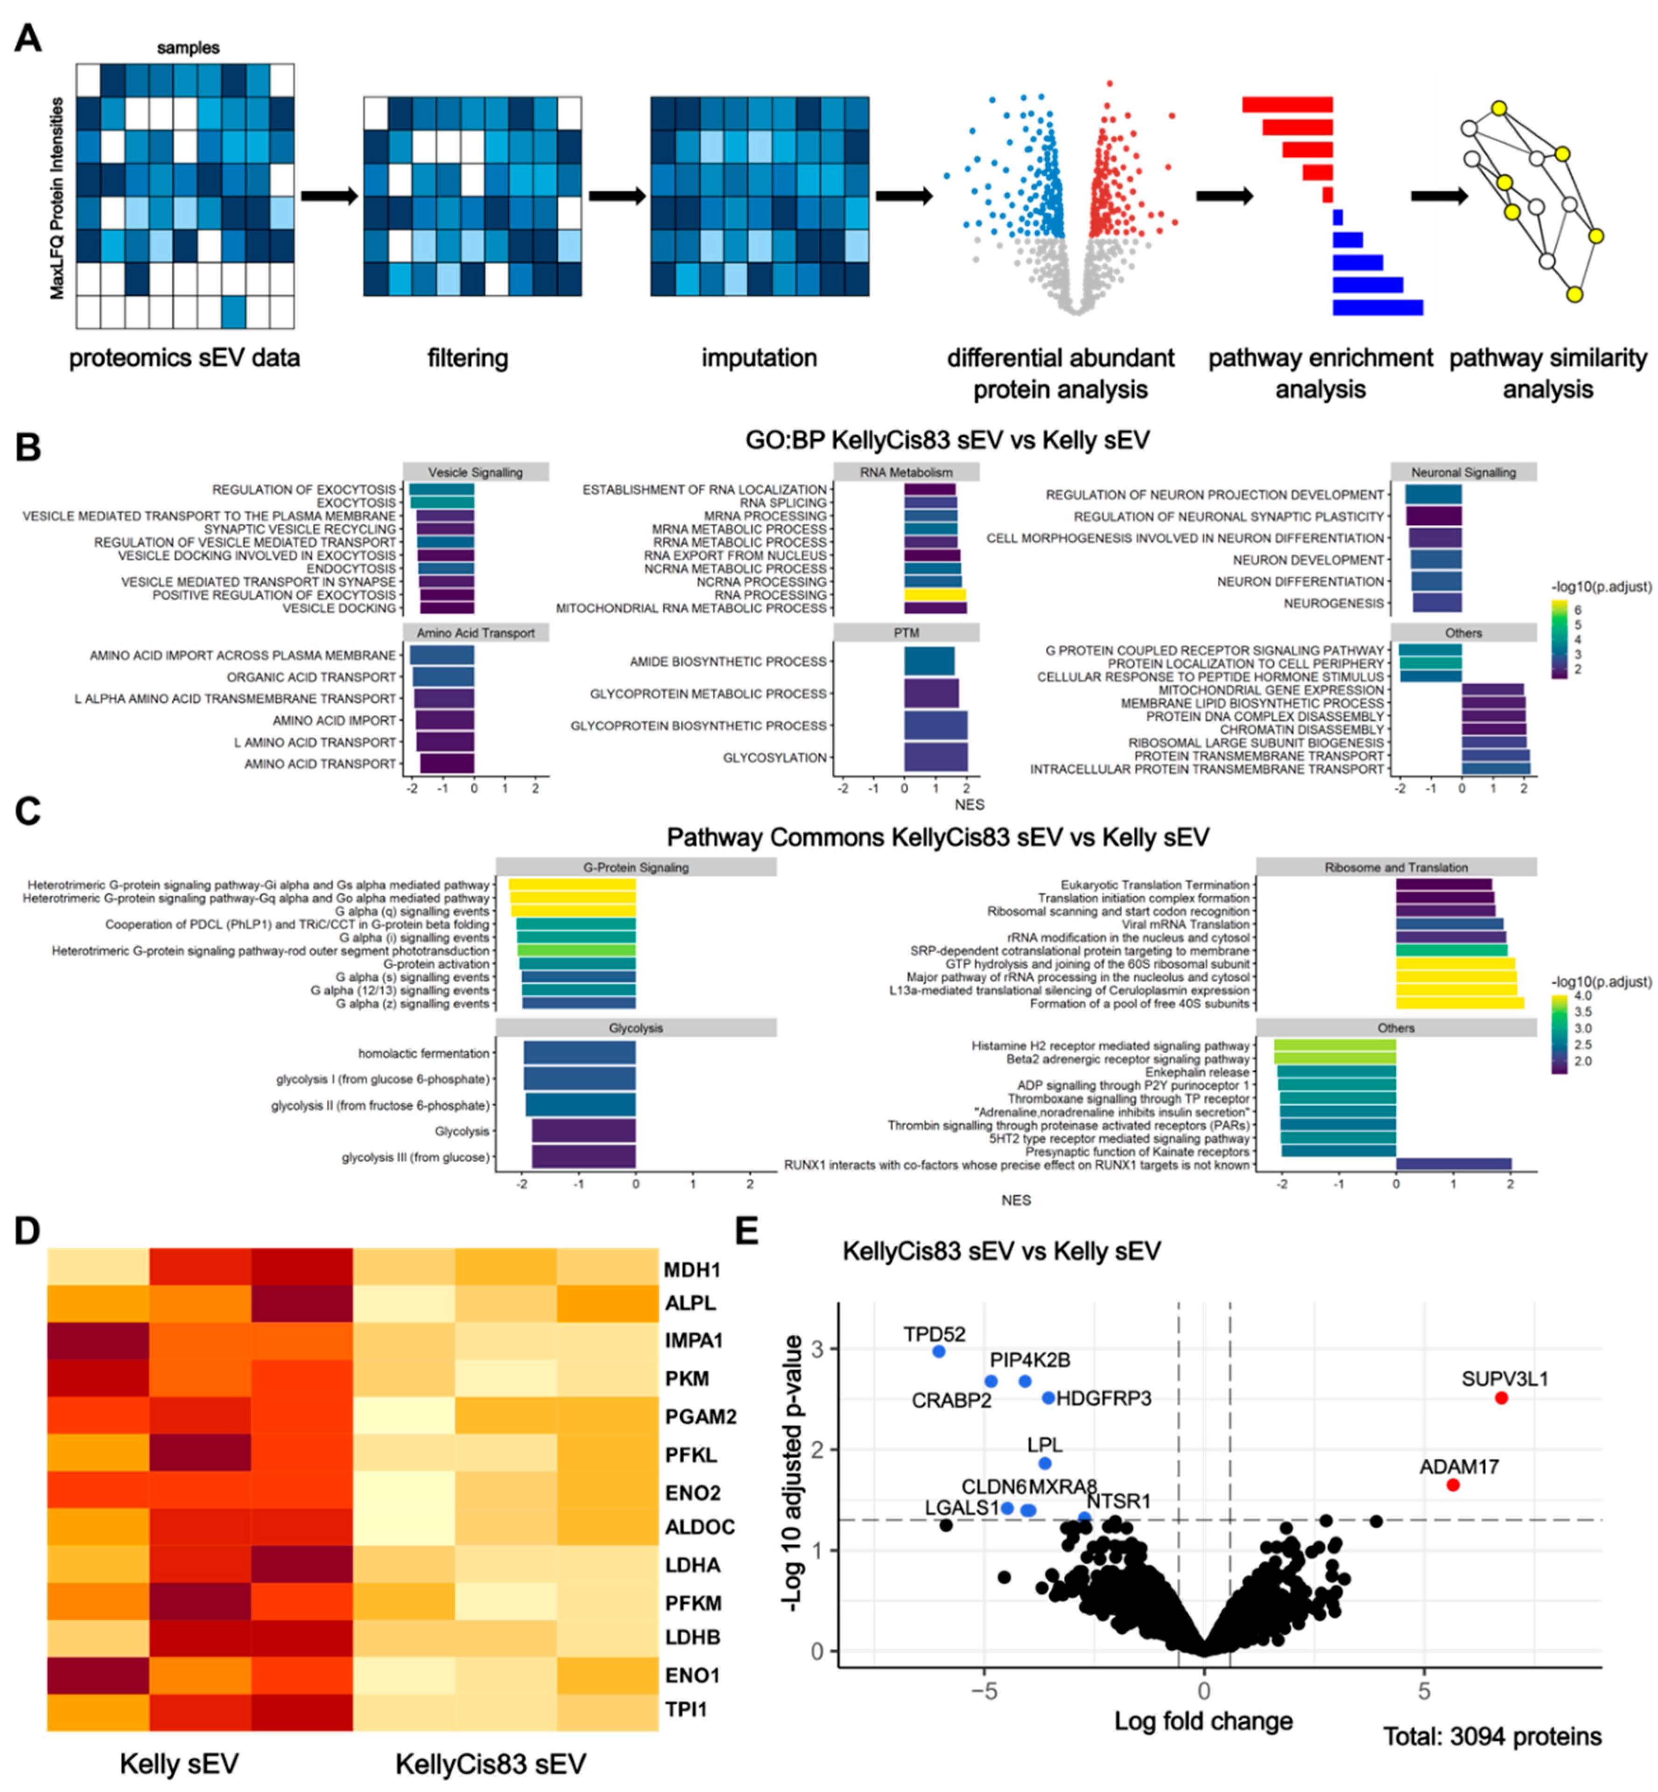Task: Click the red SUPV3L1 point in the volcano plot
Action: coord(1501,1397)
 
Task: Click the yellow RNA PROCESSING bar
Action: coord(935,595)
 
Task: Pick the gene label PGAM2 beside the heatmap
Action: coord(700,1416)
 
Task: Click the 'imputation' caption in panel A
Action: coord(759,358)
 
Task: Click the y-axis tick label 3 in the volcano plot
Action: coord(816,1349)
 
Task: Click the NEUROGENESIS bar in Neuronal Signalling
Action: coord(1436,603)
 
